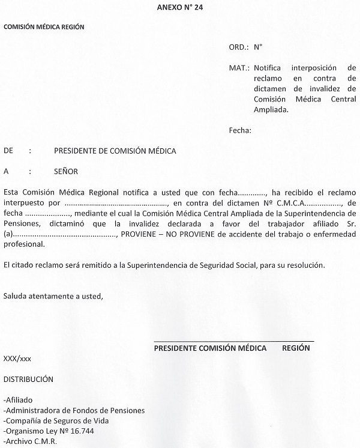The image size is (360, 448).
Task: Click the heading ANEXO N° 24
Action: (x=179, y=7)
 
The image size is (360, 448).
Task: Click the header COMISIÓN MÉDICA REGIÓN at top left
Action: (x=44, y=26)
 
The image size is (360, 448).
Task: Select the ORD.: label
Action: (x=238, y=46)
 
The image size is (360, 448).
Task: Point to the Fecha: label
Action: (x=240, y=130)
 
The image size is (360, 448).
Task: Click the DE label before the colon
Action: (x=8, y=151)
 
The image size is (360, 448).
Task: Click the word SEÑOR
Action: (x=65, y=171)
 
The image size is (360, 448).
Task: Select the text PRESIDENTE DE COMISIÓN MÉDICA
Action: (x=115, y=151)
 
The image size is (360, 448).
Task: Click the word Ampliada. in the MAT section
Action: (x=271, y=110)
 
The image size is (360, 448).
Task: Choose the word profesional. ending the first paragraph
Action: (x=24, y=245)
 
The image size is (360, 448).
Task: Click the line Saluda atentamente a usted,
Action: (x=53, y=296)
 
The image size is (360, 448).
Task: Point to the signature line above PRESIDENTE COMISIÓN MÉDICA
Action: (x=233, y=341)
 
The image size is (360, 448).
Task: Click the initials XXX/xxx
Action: (x=17, y=359)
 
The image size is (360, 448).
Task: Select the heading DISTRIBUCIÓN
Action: (x=28, y=379)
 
